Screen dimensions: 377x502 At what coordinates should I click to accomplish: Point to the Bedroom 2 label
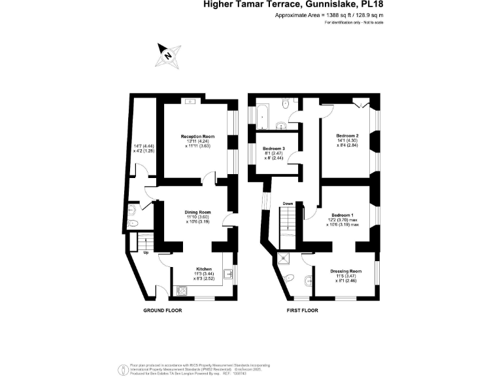347,135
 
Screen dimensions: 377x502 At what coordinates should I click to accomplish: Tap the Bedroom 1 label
343,215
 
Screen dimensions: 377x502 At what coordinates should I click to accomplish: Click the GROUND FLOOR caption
162,310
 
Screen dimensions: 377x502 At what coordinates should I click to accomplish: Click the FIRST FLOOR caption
302,310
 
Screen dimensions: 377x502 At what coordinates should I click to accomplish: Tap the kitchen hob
182,289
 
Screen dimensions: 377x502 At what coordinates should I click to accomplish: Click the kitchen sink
228,274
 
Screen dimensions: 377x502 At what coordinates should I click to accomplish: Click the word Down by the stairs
288,204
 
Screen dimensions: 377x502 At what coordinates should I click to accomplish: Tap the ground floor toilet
133,210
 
